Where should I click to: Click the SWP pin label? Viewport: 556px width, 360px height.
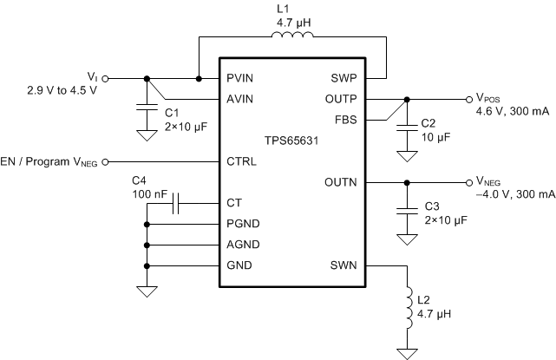coord(344,78)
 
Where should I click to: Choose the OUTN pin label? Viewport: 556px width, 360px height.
coord(341,182)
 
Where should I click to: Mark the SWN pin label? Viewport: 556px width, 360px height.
coord(343,265)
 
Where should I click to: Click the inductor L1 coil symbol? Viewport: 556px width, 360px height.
coord(292,36)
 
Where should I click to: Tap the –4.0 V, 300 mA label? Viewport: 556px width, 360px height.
coord(515,195)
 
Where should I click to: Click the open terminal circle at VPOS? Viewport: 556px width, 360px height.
coord(468,98)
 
